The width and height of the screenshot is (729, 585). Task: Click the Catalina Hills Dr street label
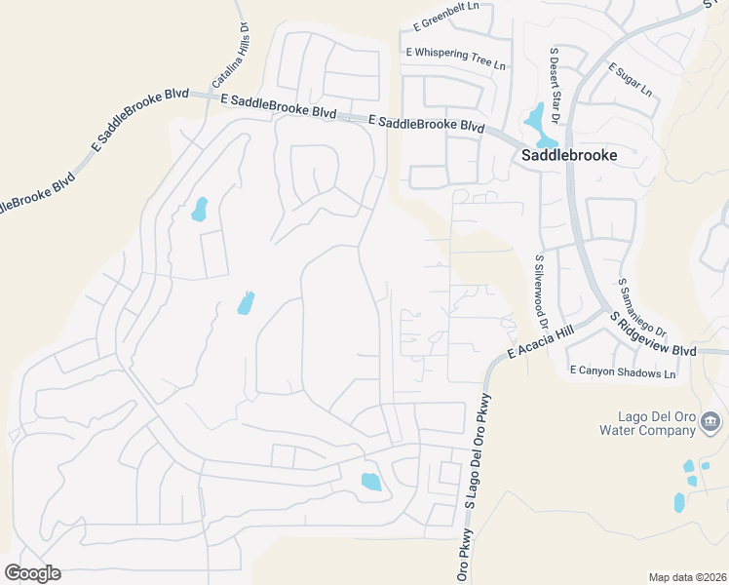[x=231, y=58]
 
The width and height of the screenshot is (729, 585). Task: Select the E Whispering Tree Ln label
[x=456, y=58]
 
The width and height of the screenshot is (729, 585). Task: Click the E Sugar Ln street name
[x=630, y=80]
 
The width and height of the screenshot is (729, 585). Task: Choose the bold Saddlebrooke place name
[x=570, y=154]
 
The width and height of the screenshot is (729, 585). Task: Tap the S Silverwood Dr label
[x=538, y=292]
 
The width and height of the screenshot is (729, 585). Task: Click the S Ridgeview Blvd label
[x=653, y=334]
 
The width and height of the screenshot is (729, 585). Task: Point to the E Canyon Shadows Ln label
[x=623, y=372]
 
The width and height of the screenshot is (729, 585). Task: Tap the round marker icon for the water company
[x=710, y=421]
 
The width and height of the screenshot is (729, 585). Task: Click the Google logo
[x=32, y=572]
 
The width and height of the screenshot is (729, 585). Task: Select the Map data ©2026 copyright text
[x=687, y=577]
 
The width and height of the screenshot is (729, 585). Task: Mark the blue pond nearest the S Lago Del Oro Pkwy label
[x=371, y=481]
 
